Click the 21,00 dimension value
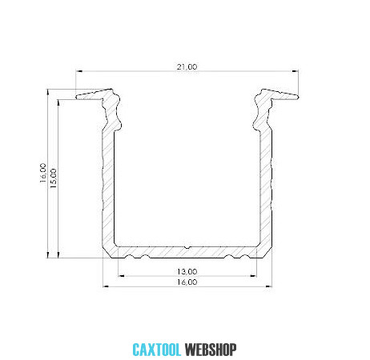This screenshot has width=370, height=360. pos(187,66)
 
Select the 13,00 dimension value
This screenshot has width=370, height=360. pos(187,271)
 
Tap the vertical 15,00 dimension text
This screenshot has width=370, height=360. pos(54,178)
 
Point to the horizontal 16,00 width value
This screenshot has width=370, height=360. pos(187,282)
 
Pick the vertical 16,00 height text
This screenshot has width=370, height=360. pos(43,173)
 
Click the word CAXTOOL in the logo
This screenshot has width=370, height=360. pos(157,350)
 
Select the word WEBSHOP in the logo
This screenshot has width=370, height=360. pos(211,350)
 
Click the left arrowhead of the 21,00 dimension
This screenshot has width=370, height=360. pos(78,71)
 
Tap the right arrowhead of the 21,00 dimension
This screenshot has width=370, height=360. pos(296,71)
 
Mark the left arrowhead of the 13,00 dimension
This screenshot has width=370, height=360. pos(121,276)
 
